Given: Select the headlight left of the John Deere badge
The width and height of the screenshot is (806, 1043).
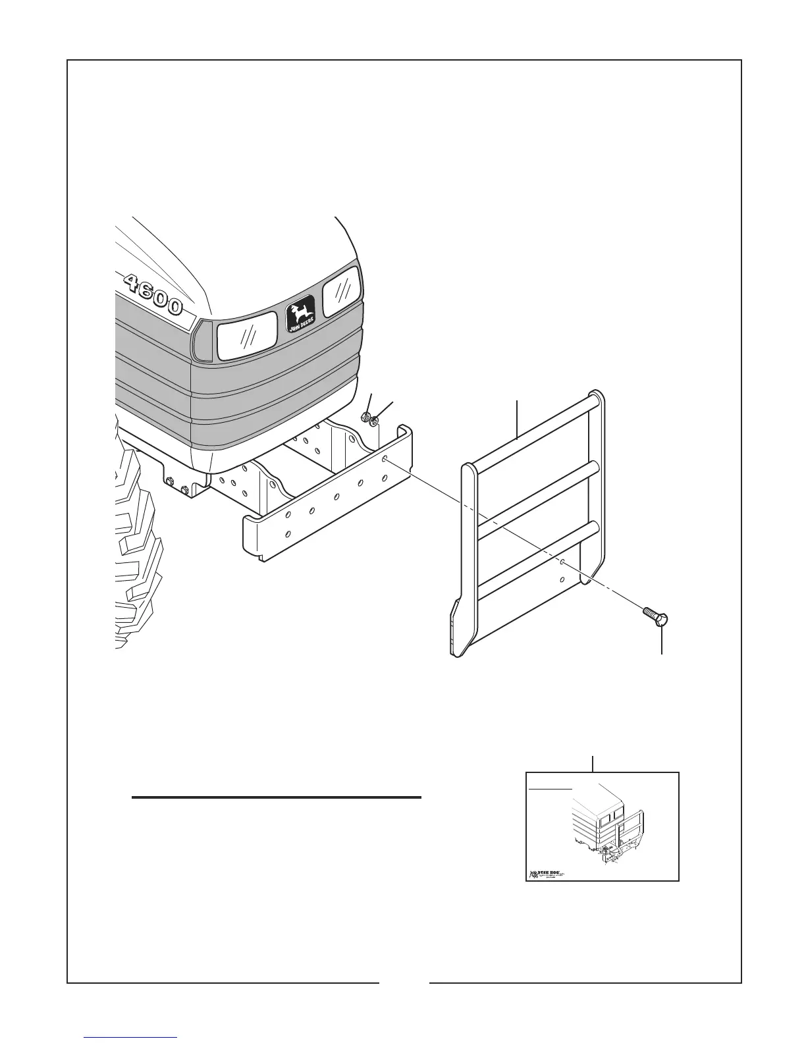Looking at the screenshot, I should [x=247, y=336].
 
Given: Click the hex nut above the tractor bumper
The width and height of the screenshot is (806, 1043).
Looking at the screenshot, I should [x=365, y=417].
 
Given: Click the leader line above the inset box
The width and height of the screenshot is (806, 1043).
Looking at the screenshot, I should [x=593, y=763].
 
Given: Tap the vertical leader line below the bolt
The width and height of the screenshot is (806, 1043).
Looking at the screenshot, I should [x=662, y=641].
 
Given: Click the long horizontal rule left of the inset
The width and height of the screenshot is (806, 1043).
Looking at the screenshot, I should [x=277, y=797].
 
